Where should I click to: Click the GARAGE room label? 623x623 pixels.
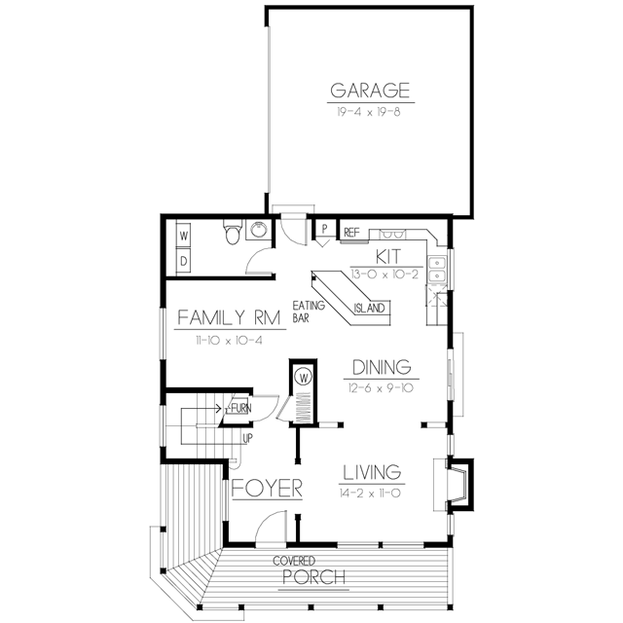tap(370, 91)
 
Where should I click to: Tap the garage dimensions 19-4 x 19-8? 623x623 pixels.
tap(369, 112)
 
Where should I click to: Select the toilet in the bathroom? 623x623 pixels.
tap(233, 232)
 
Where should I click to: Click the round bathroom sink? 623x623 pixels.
tap(259, 230)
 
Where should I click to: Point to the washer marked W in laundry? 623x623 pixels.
tap(184, 236)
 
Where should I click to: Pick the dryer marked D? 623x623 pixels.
tap(184, 261)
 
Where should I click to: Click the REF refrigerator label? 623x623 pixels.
tap(351, 233)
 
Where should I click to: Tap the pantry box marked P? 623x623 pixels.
tap(324, 229)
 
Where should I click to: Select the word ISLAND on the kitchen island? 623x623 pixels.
tap(369, 309)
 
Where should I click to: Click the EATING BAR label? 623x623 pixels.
tap(309, 311)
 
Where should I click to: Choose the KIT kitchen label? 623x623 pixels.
tap(388, 257)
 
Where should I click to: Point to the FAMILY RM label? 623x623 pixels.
tap(230, 318)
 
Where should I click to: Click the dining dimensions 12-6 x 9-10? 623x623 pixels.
tap(381, 388)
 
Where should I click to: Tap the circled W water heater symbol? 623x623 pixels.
tap(304, 377)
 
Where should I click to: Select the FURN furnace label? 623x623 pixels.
tap(240, 408)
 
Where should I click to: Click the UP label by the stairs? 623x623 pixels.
tap(247, 439)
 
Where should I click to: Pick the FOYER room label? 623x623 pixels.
tap(267, 488)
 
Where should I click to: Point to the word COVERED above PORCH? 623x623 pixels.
tap(294, 561)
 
